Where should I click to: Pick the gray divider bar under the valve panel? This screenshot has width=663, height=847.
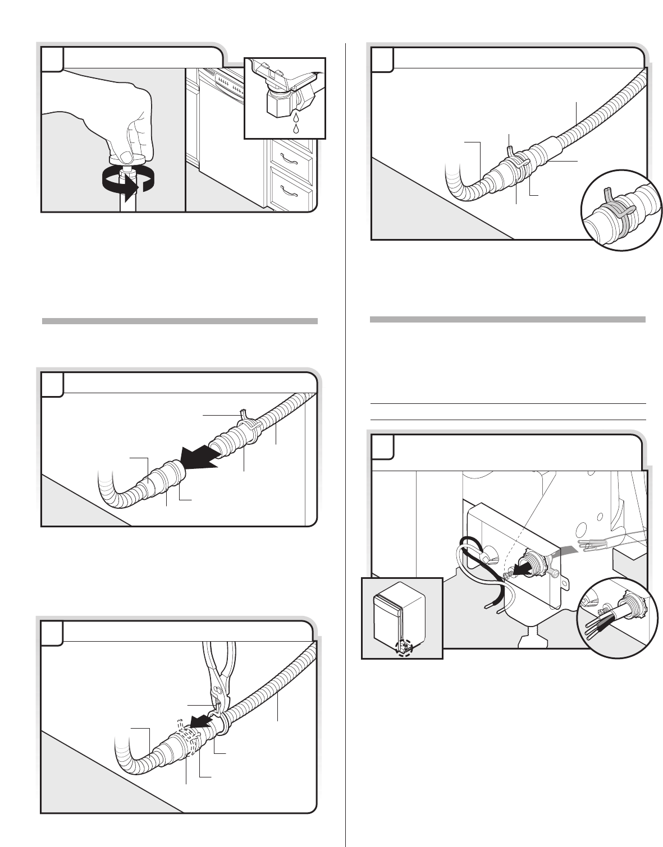click(x=180, y=321)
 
